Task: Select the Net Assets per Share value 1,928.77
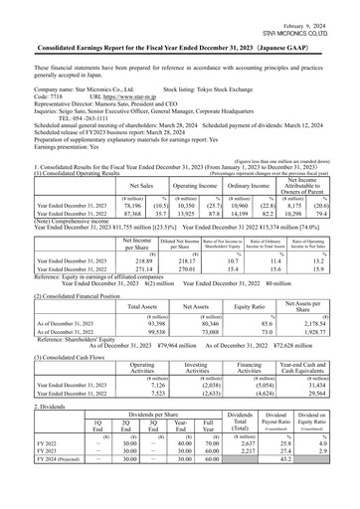click(x=324, y=333)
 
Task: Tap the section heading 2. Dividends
click(x=25, y=407)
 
